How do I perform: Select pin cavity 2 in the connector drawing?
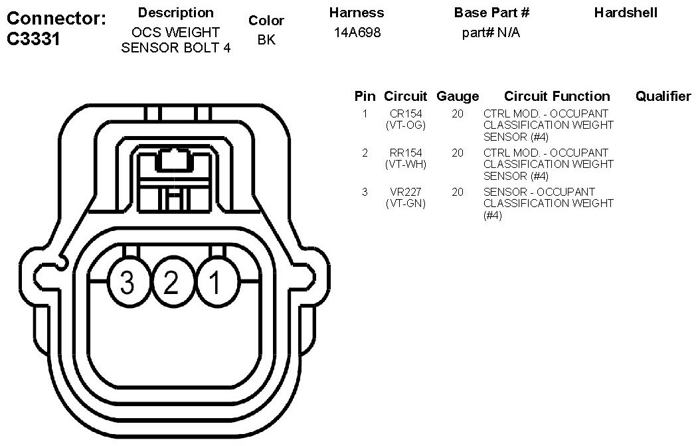click(x=172, y=282)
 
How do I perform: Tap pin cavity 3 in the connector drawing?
click(x=128, y=282)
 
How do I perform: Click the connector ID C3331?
click(x=33, y=39)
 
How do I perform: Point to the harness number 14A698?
click(x=357, y=33)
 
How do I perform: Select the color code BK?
click(x=266, y=40)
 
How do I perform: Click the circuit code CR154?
click(x=406, y=114)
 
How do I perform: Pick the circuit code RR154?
click(x=406, y=153)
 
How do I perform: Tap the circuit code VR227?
click(x=406, y=192)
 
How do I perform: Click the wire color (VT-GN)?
click(x=406, y=204)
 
